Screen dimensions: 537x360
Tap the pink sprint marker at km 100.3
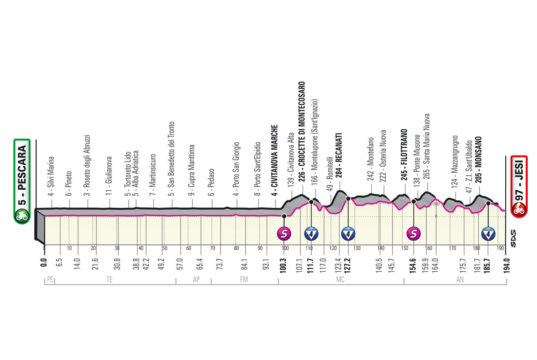coord(283,235)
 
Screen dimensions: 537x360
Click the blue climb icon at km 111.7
coord(311,235)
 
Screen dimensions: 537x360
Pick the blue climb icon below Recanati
coord(349,235)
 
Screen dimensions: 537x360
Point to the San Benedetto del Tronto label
coord(172,170)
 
